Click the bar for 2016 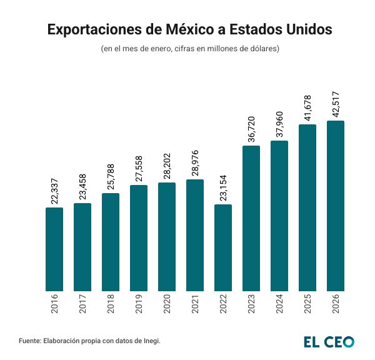[x=54, y=249]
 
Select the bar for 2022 [x=223, y=247]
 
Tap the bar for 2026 [x=336, y=206]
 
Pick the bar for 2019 [x=139, y=237]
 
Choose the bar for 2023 [x=251, y=217]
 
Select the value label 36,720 [x=252, y=126]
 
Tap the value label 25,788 [x=111, y=174]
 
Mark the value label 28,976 [x=196, y=161]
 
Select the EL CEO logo [x=329, y=341]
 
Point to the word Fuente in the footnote [x=30, y=341]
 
